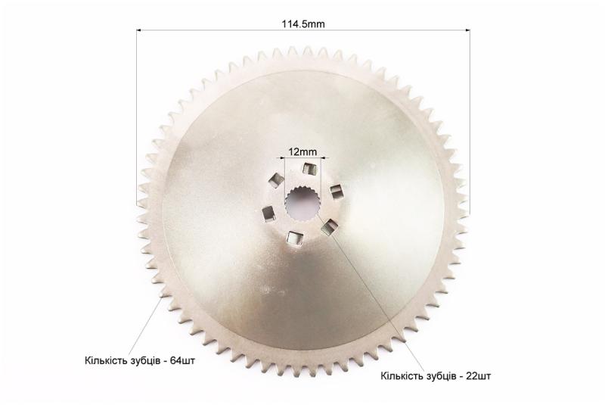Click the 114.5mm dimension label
click(x=303, y=24)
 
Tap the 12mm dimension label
click(x=302, y=151)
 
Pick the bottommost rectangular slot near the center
click(x=294, y=238)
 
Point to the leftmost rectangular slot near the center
click(x=268, y=213)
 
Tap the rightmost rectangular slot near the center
click(x=336, y=192)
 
